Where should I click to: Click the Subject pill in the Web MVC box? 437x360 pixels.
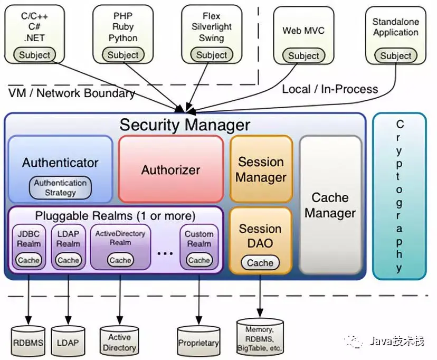click(303, 56)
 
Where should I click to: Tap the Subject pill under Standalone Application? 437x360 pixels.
click(395, 56)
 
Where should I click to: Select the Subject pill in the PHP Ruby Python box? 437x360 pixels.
click(123, 55)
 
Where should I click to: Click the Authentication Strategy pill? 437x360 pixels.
click(60, 187)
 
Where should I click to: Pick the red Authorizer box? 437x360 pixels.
click(171, 169)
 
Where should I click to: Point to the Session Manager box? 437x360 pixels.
click(261, 169)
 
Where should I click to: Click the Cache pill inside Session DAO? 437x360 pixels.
click(260, 263)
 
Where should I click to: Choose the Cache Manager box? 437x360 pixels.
click(330, 205)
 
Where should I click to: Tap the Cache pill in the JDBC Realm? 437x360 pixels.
click(28, 260)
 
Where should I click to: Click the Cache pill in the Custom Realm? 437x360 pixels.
click(199, 260)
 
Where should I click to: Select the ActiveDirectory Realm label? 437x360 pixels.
click(120, 238)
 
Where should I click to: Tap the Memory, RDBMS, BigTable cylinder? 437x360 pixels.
click(260, 337)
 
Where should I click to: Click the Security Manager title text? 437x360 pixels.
click(185, 125)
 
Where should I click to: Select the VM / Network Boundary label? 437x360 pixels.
click(72, 93)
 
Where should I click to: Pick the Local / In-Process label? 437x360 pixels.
click(330, 89)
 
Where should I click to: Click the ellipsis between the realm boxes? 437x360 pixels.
click(165, 253)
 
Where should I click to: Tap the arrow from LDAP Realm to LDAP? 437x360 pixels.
click(68, 299)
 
